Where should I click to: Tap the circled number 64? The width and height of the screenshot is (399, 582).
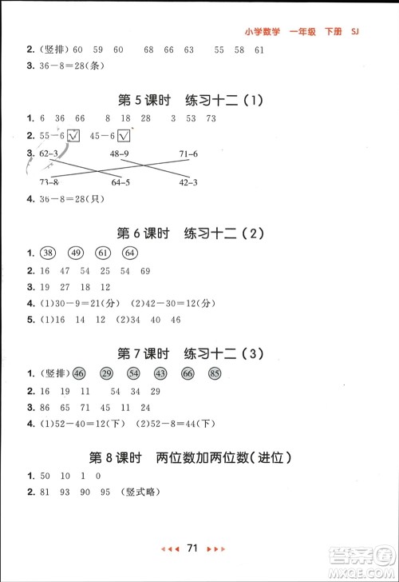click(130, 253)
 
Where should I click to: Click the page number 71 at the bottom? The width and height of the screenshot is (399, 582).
click(192, 569)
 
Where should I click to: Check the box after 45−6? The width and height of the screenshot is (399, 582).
click(124, 135)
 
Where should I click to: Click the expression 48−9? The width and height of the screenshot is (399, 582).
click(120, 153)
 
